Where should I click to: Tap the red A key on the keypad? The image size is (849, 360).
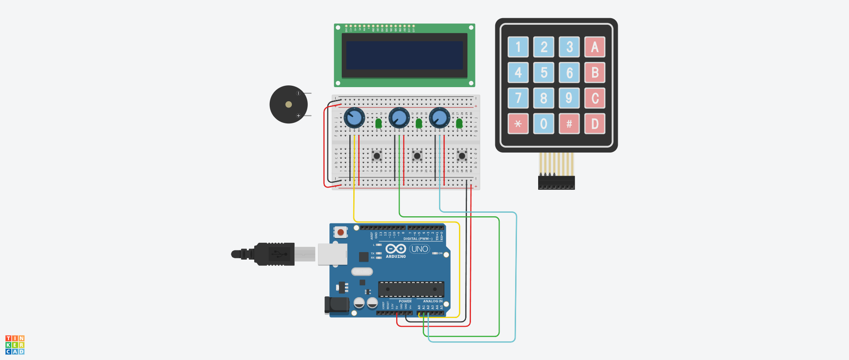pyautogui.click(x=595, y=47)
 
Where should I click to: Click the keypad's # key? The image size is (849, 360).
pyautogui.click(x=569, y=124)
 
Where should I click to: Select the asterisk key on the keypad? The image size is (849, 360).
pyautogui.click(x=518, y=124)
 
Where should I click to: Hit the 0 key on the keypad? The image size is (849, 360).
pyautogui.click(x=543, y=124)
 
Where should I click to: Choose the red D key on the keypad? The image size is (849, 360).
pyautogui.click(x=595, y=124)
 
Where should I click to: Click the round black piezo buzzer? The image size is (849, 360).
pyautogui.click(x=288, y=104)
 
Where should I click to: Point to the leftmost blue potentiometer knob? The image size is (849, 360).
pyautogui.click(x=354, y=118)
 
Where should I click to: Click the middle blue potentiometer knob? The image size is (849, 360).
pyautogui.click(x=399, y=118)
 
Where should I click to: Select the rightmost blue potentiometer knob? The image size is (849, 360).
pyautogui.click(x=440, y=118)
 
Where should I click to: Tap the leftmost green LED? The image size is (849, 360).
pyautogui.click(x=379, y=123)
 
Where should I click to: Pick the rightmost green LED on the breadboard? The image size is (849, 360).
pyautogui.click(x=459, y=123)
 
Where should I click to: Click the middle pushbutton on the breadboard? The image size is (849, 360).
pyautogui.click(x=417, y=156)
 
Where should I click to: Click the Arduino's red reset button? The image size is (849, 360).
pyautogui.click(x=340, y=232)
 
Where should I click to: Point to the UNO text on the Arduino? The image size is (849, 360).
pyautogui.click(x=419, y=249)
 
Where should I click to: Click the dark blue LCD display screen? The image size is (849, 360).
pyautogui.click(x=404, y=55)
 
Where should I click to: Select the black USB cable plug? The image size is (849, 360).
pyautogui.click(x=274, y=254)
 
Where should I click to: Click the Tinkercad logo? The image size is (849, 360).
pyautogui.click(x=15, y=345)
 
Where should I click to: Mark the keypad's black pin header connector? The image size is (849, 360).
pyautogui.click(x=556, y=183)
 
